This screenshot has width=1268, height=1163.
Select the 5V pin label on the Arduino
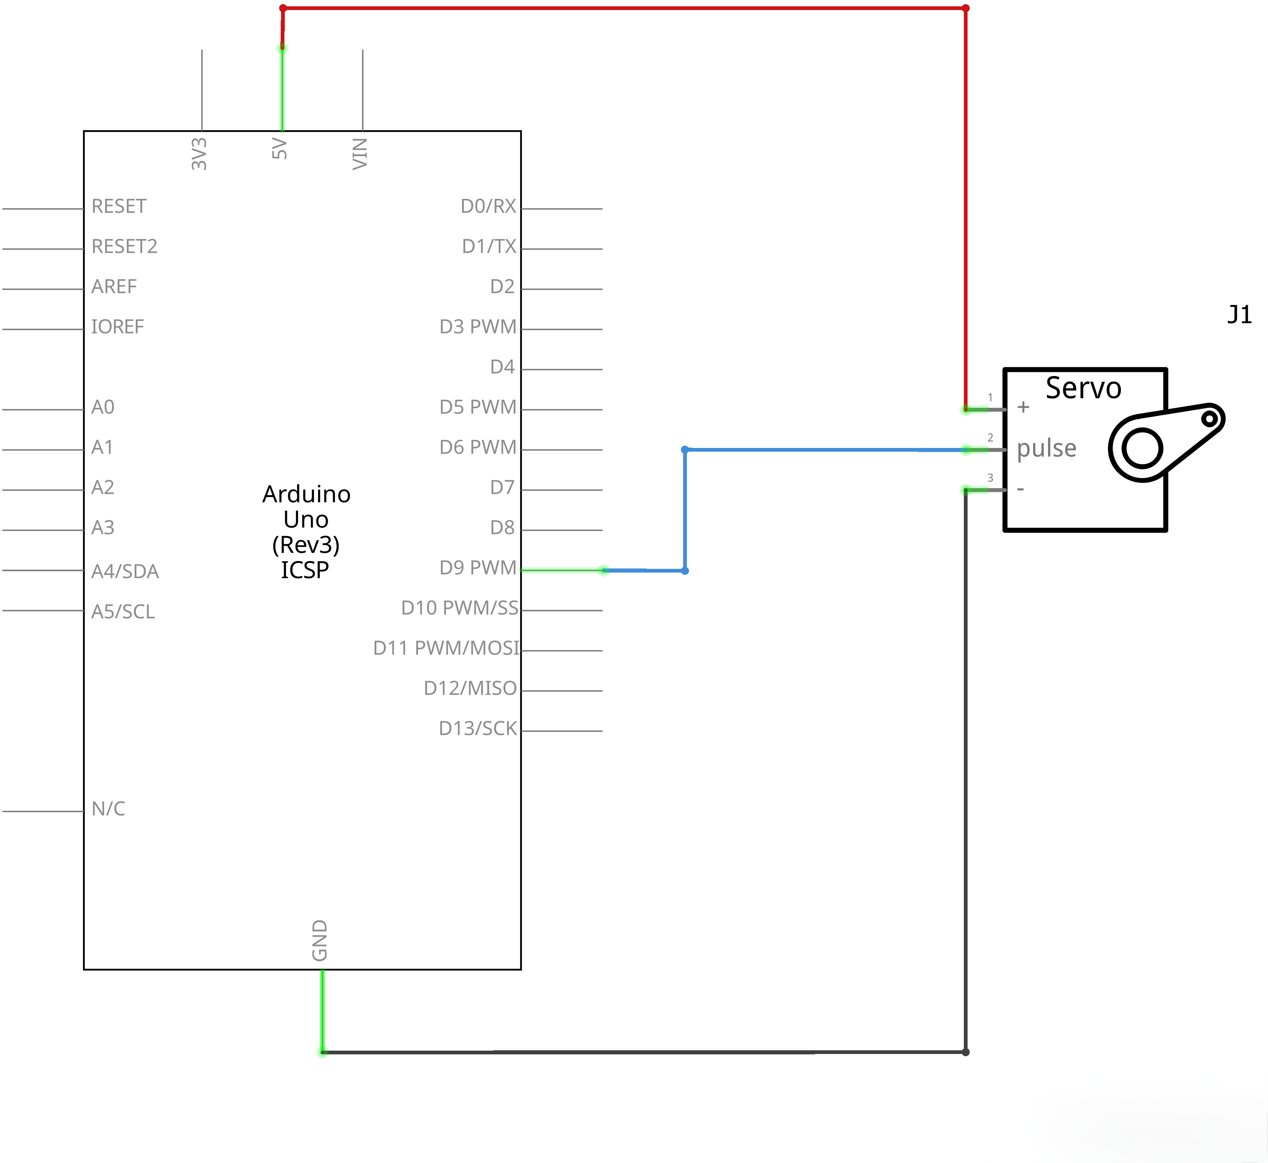[280, 149]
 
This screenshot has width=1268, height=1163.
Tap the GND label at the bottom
[320, 940]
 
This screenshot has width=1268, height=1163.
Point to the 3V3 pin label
[199, 154]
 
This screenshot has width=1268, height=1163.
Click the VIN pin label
[360, 154]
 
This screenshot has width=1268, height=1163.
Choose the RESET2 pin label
[124, 246]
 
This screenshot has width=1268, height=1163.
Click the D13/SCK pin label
[477, 728]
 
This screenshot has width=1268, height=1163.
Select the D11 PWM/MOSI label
[446, 648]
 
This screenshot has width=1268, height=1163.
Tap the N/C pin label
[108, 809]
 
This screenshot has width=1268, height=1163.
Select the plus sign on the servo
[1023, 407]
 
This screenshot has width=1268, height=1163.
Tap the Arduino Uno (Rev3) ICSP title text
[306, 532]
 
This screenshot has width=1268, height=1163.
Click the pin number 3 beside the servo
[990, 478]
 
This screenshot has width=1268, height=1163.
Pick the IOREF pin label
[118, 327]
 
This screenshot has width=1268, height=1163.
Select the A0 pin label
[103, 407]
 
